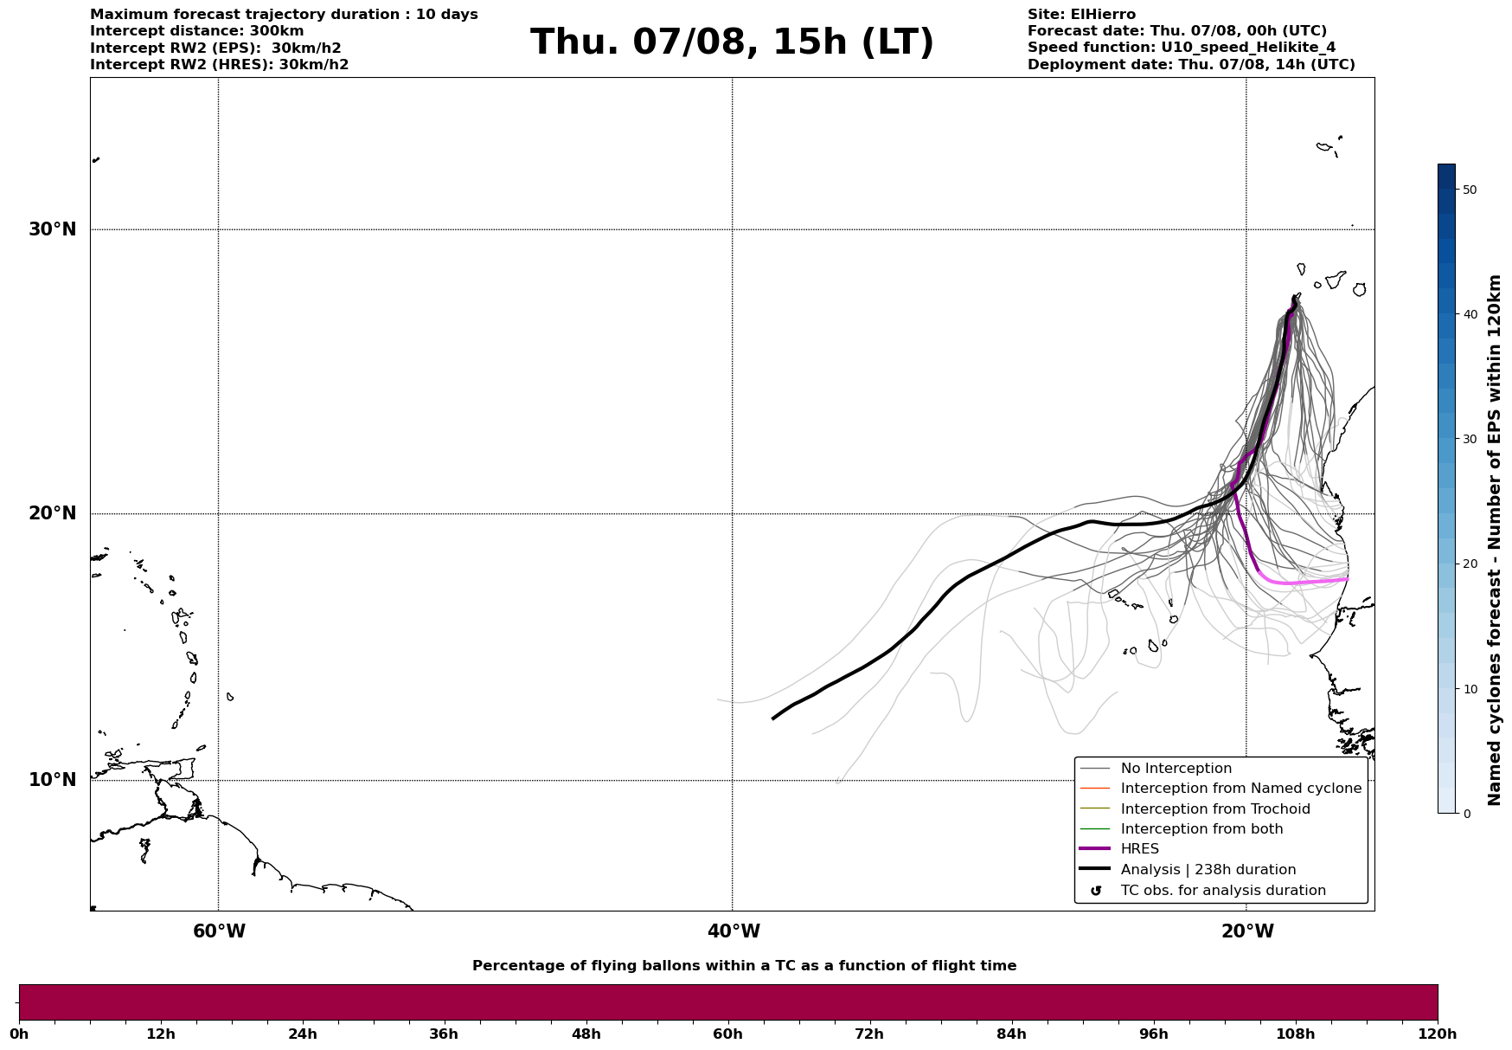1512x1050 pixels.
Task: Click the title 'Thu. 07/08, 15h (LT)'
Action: click(x=732, y=42)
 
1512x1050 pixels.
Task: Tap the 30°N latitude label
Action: click(x=53, y=229)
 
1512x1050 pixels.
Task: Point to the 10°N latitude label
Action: click(x=53, y=780)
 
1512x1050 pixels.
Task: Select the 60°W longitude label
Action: click(x=219, y=931)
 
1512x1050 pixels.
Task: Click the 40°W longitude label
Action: click(x=734, y=931)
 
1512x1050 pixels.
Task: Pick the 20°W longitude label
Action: click(x=1247, y=931)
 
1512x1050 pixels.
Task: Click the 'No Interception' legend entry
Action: click(x=1176, y=769)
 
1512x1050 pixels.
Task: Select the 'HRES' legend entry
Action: click(x=1139, y=849)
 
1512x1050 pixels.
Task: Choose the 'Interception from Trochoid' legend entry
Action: click(x=1214, y=809)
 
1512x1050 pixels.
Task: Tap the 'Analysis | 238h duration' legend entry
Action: click(x=1208, y=870)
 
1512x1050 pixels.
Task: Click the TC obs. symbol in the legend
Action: click(x=1096, y=891)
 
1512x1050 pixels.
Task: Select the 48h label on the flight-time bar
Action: click(x=586, y=1034)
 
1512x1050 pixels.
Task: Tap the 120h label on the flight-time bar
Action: click(x=1438, y=1034)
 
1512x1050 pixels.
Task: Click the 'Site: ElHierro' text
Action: click(x=1081, y=15)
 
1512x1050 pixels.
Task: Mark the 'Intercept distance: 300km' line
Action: click(x=197, y=31)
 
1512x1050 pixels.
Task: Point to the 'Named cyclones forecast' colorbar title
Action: click(x=1495, y=540)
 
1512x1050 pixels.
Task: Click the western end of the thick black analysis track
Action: click(x=773, y=718)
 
